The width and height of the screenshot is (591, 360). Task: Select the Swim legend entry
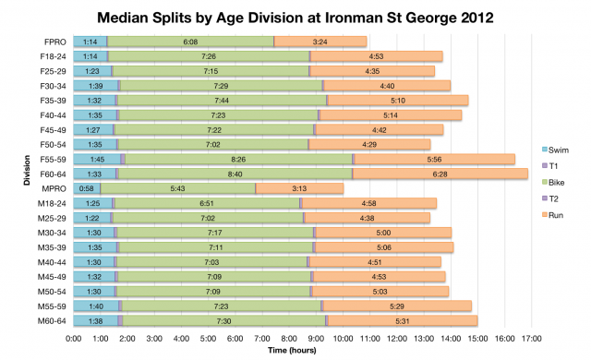560,149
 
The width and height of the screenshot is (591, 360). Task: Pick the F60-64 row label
52,174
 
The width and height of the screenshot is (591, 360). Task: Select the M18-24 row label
52,203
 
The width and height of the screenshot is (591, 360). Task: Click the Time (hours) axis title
296,351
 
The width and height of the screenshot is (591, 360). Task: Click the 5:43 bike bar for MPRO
177,188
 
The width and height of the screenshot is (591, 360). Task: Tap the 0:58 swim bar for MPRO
87,188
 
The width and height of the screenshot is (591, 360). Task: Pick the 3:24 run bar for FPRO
320,42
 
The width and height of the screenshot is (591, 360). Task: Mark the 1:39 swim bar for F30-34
96,86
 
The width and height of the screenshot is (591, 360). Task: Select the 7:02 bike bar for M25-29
208,218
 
